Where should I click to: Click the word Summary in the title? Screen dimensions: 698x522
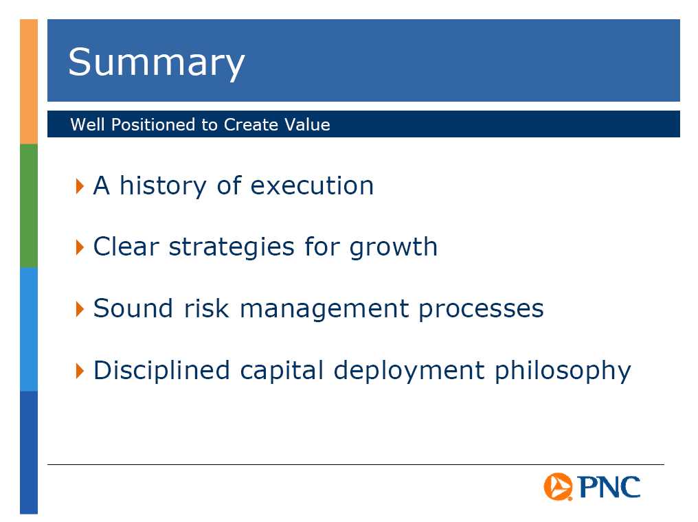(156, 63)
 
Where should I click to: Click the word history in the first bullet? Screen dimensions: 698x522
(163, 186)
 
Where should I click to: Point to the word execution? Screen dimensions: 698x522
(312, 185)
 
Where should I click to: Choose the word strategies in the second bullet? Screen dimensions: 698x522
(232, 247)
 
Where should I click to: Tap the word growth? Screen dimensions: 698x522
(394, 247)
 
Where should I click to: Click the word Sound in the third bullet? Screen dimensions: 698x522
(133, 308)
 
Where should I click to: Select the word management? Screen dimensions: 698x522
(324, 309)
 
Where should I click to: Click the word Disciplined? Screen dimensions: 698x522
(161, 370)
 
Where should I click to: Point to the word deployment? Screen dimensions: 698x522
(409, 371)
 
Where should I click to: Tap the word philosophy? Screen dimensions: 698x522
(563, 371)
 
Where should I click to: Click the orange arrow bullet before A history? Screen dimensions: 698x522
(80, 186)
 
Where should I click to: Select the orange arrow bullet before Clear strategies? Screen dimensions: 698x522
(80, 247)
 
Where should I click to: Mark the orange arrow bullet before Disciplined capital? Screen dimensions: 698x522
(80, 371)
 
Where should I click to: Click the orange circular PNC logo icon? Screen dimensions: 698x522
(558, 486)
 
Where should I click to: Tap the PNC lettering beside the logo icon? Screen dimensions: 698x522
(609, 486)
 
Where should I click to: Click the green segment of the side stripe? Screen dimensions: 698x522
(29, 205)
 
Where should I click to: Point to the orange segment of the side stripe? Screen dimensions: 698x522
(29, 82)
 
